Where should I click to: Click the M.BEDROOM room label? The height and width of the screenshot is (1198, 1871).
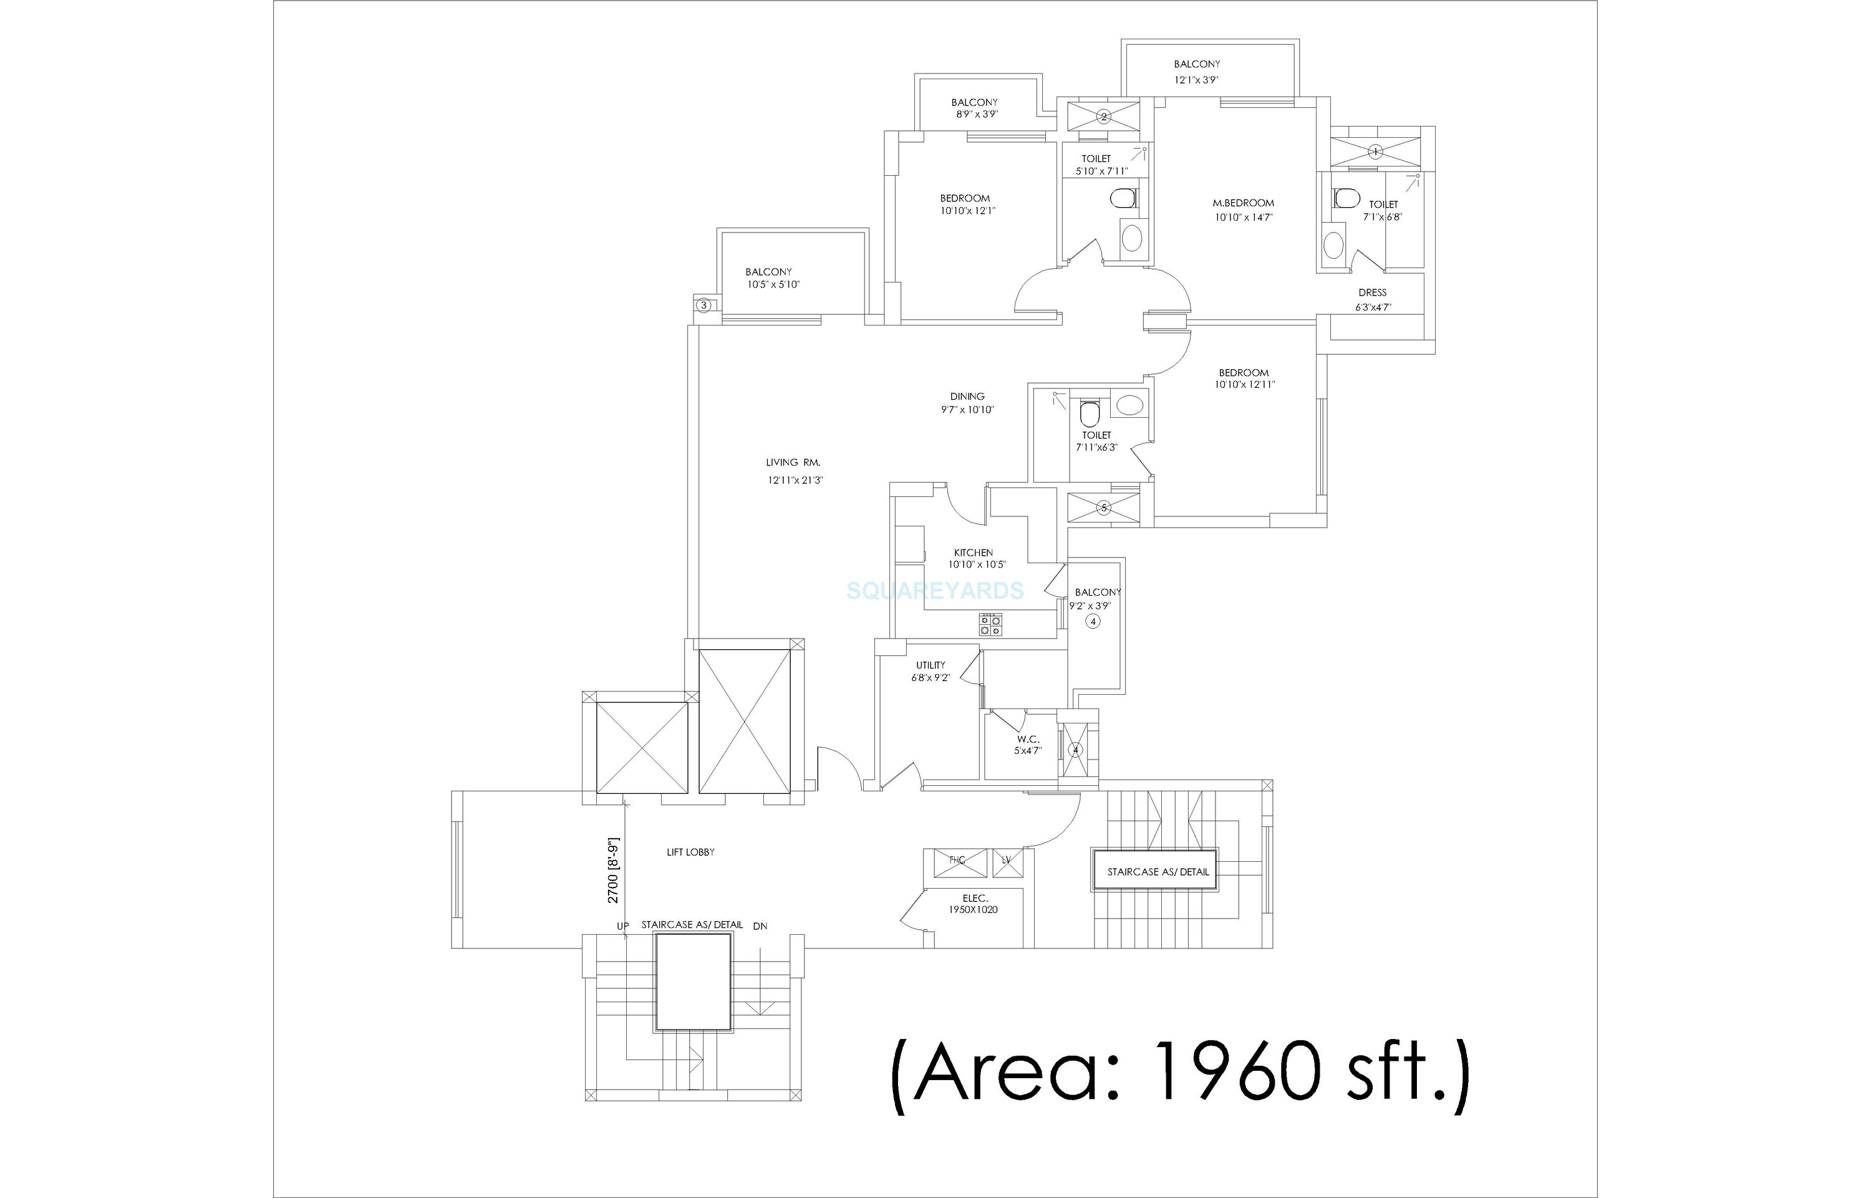(x=1243, y=204)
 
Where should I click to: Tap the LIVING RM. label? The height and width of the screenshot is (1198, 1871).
(x=793, y=463)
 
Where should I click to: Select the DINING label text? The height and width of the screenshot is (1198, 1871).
(x=967, y=397)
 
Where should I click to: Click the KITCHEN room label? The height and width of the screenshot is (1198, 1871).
(x=973, y=553)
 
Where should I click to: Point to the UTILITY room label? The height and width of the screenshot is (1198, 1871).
(x=931, y=665)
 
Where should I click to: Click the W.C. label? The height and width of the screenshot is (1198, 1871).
(x=1028, y=739)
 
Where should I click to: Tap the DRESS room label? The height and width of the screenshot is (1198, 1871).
(x=1372, y=293)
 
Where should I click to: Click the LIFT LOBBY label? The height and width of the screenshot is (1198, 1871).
(x=690, y=853)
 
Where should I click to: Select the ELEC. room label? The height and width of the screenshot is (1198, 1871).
(x=975, y=899)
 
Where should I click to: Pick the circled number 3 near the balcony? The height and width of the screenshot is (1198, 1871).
(x=704, y=306)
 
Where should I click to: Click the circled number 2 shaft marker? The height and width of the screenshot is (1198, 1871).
(x=1103, y=117)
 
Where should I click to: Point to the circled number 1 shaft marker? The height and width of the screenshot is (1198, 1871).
(x=1375, y=152)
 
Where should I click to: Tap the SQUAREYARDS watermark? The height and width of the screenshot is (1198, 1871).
(x=935, y=591)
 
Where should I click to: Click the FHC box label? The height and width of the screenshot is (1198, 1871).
(x=957, y=861)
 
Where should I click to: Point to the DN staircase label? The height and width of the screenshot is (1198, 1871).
(x=760, y=925)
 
